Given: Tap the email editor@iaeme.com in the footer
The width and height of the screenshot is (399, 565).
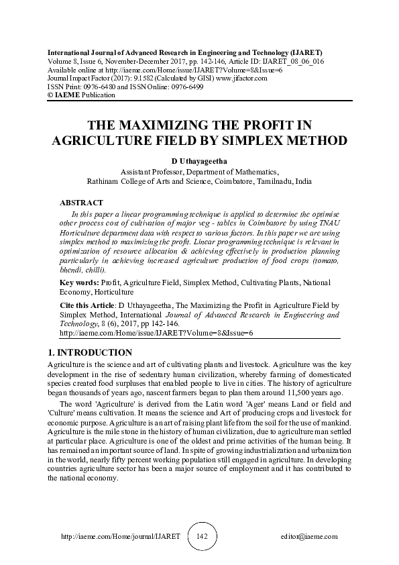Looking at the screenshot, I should click(x=309, y=537).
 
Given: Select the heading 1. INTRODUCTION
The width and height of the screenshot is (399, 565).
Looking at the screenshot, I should click(x=90, y=352).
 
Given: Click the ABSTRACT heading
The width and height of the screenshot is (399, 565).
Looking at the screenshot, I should click(x=82, y=202).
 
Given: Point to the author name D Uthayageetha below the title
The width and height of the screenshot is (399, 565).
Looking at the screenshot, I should click(x=199, y=162).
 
